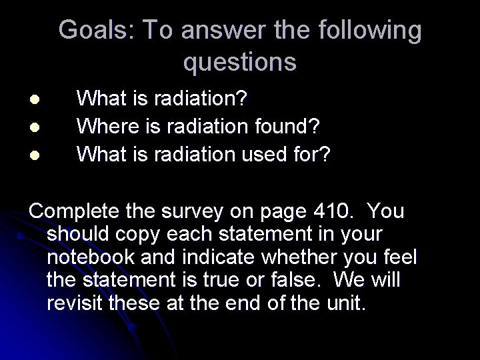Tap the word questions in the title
click(x=240, y=62)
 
